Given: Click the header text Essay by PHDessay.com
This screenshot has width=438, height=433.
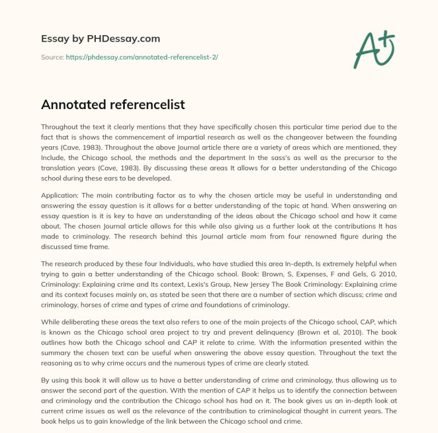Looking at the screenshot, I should tap(101, 39).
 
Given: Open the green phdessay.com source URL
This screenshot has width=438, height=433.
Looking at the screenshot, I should tap(142, 57).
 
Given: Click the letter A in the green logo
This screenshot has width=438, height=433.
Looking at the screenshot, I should tap(365, 50).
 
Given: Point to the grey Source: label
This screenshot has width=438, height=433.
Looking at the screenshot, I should tap(53, 57).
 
